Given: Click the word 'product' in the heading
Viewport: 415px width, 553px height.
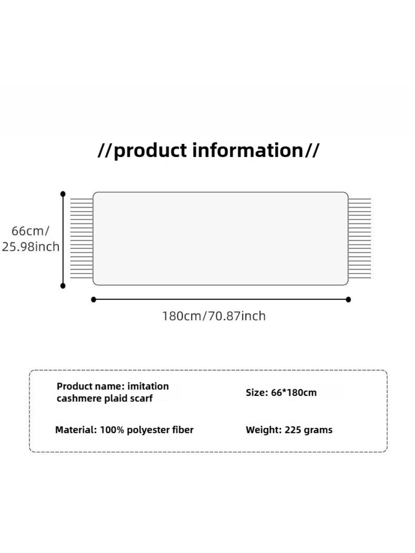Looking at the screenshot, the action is click(x=151, y=151).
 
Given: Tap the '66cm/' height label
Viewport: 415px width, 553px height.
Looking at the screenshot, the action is click(x=30, y=231).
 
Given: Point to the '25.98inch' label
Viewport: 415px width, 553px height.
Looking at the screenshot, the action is click(x=30, y=246).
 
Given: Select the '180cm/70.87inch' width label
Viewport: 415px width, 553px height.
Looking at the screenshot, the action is click(x=214, y=316).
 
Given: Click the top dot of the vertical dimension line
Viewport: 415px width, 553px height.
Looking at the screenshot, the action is click(x=63, y=194).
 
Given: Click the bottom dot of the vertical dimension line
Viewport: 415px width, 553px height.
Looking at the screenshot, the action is click(x=63, y=286).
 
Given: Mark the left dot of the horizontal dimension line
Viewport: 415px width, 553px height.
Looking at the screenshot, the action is click(x=94, y=299).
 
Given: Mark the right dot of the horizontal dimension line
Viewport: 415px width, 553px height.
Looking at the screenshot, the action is click(x=348, y=299).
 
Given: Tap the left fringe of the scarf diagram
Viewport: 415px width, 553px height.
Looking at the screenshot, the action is click(x=82, y=238).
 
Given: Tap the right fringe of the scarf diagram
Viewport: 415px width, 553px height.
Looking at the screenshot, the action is click(x=360, y=238).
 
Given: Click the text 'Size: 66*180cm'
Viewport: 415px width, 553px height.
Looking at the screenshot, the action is click(x=281, y=393).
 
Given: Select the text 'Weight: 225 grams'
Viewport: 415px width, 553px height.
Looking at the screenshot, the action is click(x=289, y=430).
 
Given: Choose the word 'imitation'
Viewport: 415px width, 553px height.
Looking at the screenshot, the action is click(x=148, y=386).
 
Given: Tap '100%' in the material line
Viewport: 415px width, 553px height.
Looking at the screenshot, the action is click(x=112, y=429).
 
